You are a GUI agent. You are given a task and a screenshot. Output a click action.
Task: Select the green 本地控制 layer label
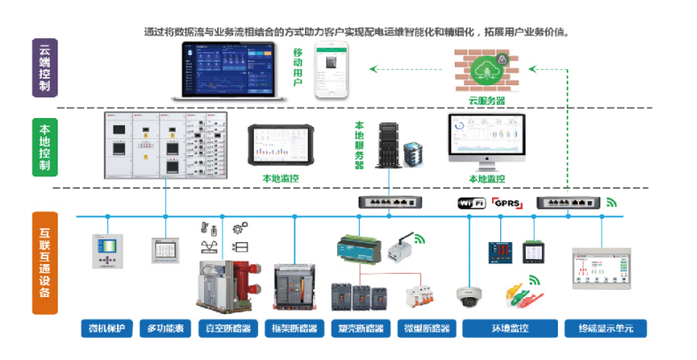tap(44, 146)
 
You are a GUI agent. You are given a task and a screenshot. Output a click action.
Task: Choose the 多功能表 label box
tap(164, 330)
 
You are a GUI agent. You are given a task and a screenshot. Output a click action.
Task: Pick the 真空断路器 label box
tap(223, 330)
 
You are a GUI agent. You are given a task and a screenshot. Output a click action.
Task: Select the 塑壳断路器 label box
tap(362, 330)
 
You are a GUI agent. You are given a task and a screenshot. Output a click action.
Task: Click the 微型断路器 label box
tap(425, 330)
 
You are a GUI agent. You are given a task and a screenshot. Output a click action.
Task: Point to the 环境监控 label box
tap(510, 330)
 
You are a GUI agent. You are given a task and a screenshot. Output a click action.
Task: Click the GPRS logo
tap(507, 203)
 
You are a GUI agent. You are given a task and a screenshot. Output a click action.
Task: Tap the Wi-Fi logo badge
tap(470, 203)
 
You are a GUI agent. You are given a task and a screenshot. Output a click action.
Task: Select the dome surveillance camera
tap(467, 294)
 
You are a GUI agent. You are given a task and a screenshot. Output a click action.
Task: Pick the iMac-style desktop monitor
tap(486, 140)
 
